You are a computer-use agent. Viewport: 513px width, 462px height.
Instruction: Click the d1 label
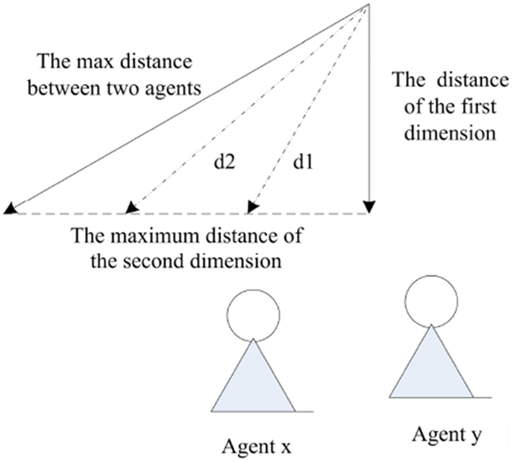pyautogui.click(x=303, y=162)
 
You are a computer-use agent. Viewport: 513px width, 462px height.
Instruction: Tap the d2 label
pyautogui.click(x=224, y=162)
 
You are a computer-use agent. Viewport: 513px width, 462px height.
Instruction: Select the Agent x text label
pyautogui.click(x=257, y=446)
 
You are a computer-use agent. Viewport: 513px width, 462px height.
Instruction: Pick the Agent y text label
pyautogui.click(x=446, y=435)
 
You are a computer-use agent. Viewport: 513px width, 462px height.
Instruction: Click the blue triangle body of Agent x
pyautogui.click(x=254, y=383)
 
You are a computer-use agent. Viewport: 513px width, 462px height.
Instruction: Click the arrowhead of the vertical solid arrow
pyautogui.click(x=369, y=207)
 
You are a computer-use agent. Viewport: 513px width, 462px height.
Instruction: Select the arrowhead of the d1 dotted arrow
pyautogui.click(x=253, y=207)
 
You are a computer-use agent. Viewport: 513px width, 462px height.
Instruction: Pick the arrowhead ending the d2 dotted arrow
pyautogui.click(x=131, y=207)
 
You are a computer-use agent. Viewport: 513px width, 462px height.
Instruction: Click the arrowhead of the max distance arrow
pyautogui.click(x=9, y=208)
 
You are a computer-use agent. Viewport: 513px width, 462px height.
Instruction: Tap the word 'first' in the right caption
pyautogui.click(x=481, y=107)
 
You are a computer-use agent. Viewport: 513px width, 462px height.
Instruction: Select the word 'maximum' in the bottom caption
pyautogui.click(x=160, y=235)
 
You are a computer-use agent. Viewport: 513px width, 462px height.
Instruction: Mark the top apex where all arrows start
pyautogui.click(x=369, y=4)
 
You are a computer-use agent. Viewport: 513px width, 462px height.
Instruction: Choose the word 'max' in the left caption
pyautogui.click(x=89, y=62)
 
